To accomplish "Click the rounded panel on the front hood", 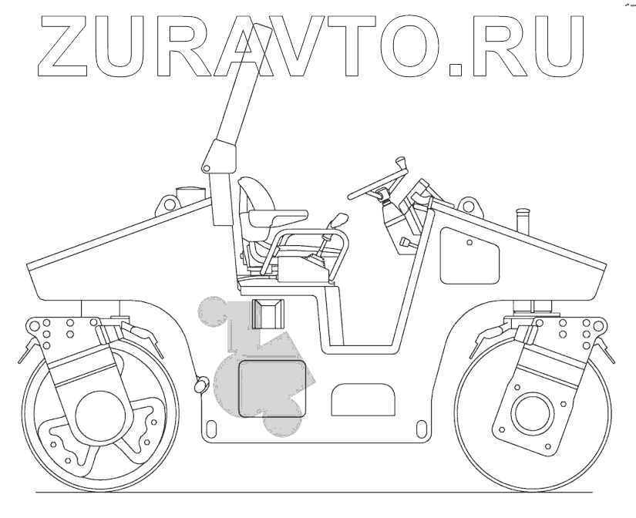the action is pos(470,255).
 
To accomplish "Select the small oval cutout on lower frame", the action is pos(362,401).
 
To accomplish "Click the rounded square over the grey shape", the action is pos(271,388).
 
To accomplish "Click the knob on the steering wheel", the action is pos(399,163).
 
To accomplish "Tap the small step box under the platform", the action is pos(269,312).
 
